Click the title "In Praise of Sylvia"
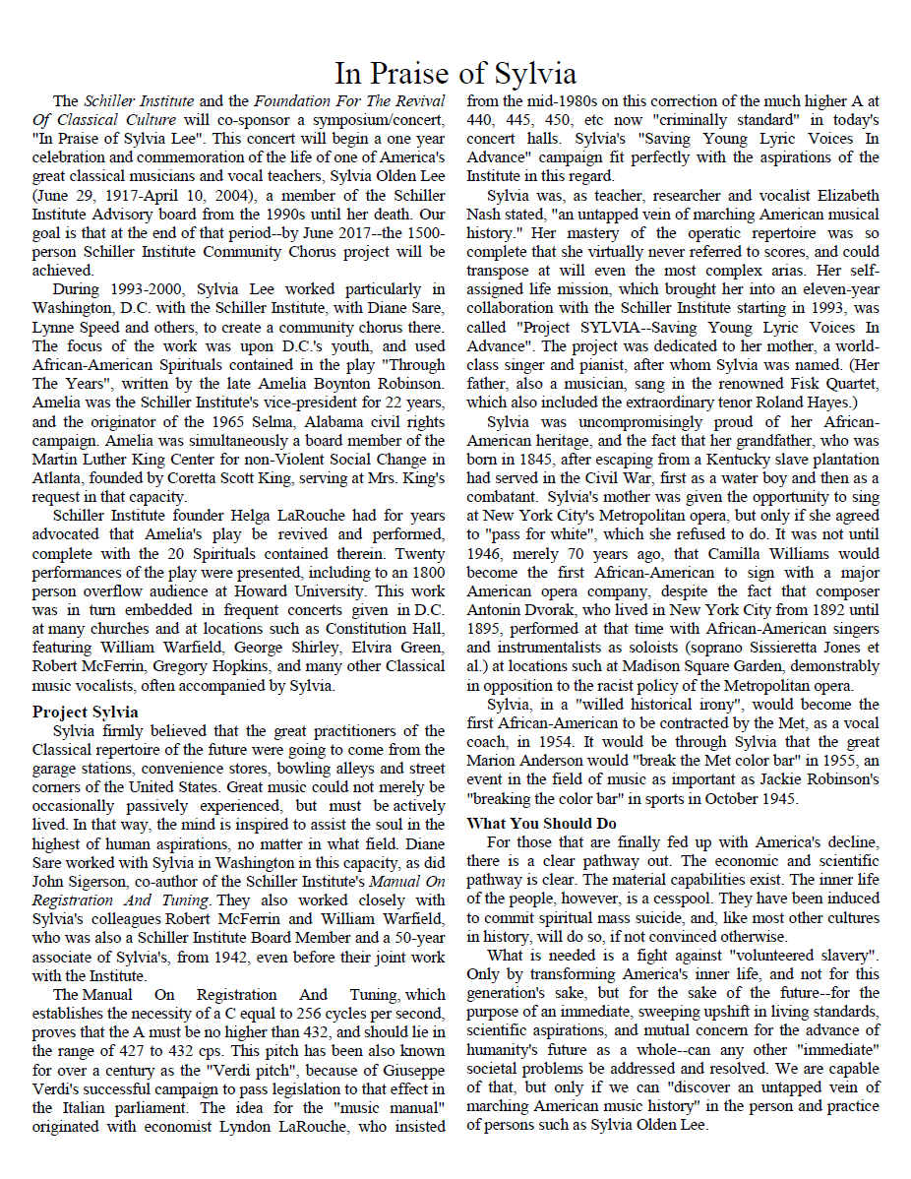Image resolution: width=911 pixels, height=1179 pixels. pos(455,74)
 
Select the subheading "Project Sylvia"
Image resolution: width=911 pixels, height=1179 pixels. pos(85,712)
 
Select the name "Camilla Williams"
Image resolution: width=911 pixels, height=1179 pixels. pos(776,554)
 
